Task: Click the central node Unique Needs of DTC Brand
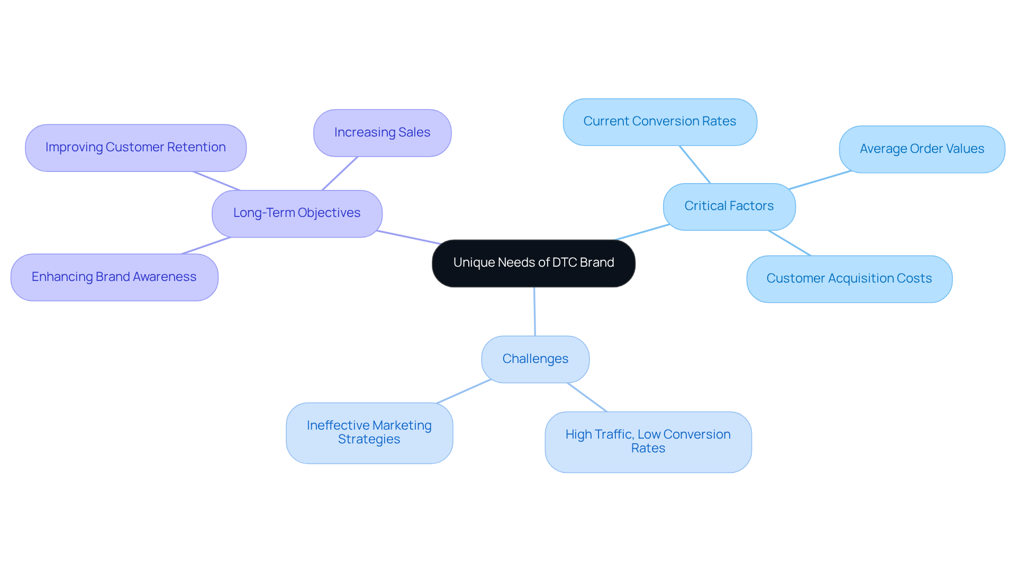533,263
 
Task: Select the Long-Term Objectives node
297,213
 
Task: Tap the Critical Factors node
729,206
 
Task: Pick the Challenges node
535,359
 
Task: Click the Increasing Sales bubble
382,133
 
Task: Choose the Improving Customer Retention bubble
135,148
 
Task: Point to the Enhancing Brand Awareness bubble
114,277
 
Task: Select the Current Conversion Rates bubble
659,122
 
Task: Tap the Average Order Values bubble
921,149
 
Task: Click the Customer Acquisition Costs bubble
849,279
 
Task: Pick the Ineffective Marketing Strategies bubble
369,433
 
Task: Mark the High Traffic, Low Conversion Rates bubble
648,442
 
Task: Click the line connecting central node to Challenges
534,312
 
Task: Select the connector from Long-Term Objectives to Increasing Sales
340,174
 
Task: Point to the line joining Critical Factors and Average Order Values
820,180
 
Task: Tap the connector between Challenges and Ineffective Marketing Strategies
464,392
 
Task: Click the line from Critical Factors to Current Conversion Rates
695,165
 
